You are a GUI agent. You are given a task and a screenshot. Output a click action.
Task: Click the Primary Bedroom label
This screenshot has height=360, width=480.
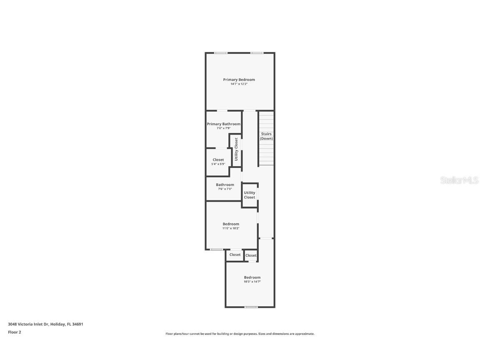pos(239,80)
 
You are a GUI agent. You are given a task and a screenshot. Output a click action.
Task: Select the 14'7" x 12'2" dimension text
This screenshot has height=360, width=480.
pos(239,84)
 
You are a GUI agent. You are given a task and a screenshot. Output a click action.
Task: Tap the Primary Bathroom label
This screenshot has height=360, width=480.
pos(224,124)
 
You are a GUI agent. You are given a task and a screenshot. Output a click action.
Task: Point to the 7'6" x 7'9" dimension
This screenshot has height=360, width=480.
pos(224,128)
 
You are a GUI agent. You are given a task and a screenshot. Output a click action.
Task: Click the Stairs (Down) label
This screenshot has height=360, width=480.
pos(266,136)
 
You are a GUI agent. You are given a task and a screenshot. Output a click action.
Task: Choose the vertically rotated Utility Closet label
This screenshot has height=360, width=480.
pos(236,149)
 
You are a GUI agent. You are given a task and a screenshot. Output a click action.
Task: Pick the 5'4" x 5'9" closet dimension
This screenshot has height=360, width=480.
pos(218,164)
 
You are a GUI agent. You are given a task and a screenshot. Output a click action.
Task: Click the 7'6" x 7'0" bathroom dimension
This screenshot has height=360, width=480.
pos(225,189)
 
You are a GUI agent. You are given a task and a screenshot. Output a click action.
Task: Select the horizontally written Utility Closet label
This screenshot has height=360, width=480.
pos(250,195)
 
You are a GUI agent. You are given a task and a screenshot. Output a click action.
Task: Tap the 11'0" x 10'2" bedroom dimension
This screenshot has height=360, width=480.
pos(231,228)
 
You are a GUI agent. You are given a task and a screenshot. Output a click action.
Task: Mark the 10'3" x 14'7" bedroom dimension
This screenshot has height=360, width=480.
pos(252,282)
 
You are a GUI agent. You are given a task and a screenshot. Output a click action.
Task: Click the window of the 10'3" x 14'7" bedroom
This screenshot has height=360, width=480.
pos(251,307)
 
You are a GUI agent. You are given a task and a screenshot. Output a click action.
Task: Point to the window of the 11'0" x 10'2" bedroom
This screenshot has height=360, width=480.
pos(216,250)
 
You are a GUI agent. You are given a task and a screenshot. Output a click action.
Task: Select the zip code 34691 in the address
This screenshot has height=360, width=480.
pos(78,324)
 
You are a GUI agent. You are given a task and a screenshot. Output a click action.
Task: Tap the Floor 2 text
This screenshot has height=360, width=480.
pos(14,332)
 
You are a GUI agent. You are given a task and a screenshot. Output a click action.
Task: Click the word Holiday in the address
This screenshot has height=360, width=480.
pos(58,324)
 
